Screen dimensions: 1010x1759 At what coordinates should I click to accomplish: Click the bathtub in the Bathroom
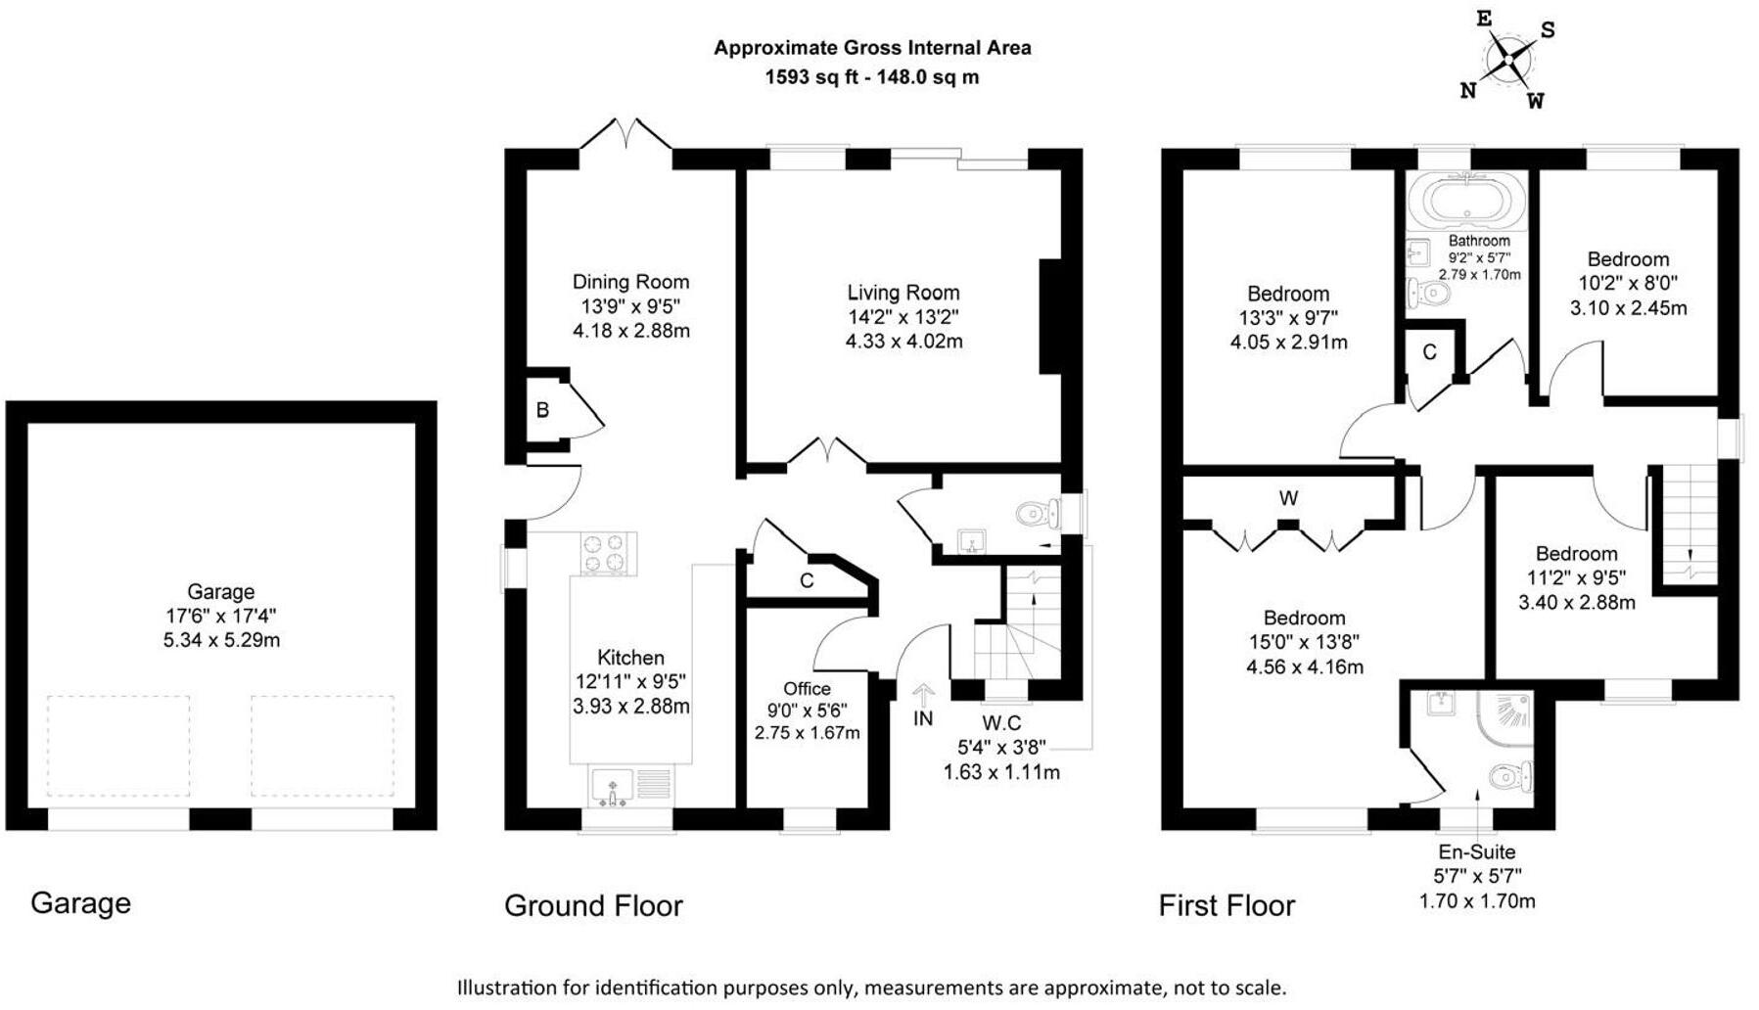(1465, 201)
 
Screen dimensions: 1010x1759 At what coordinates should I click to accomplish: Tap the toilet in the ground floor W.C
(1038, 514)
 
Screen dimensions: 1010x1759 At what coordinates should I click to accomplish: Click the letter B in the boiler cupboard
(542, 410)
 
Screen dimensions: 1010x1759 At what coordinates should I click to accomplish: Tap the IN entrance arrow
(923, 697)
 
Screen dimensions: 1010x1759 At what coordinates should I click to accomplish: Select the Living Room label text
(903, 293)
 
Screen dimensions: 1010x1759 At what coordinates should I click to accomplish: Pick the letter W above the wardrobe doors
(1288, 498)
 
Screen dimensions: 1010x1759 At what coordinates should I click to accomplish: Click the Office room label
(807, 689)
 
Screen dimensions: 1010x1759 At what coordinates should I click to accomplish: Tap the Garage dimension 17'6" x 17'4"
(221, 616)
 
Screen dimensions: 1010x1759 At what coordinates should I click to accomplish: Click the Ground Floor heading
(593, 905)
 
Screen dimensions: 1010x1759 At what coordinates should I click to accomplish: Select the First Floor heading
(1227, 905)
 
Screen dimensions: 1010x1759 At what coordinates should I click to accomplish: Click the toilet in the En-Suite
(1507, 778)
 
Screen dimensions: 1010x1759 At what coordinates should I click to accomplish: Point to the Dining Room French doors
(626, 135)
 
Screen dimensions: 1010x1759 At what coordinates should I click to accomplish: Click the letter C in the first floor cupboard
(1429, 352)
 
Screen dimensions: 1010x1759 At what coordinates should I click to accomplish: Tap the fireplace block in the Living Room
(1050, 316)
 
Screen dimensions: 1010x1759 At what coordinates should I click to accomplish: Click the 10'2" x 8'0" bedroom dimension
(1628, 283)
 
